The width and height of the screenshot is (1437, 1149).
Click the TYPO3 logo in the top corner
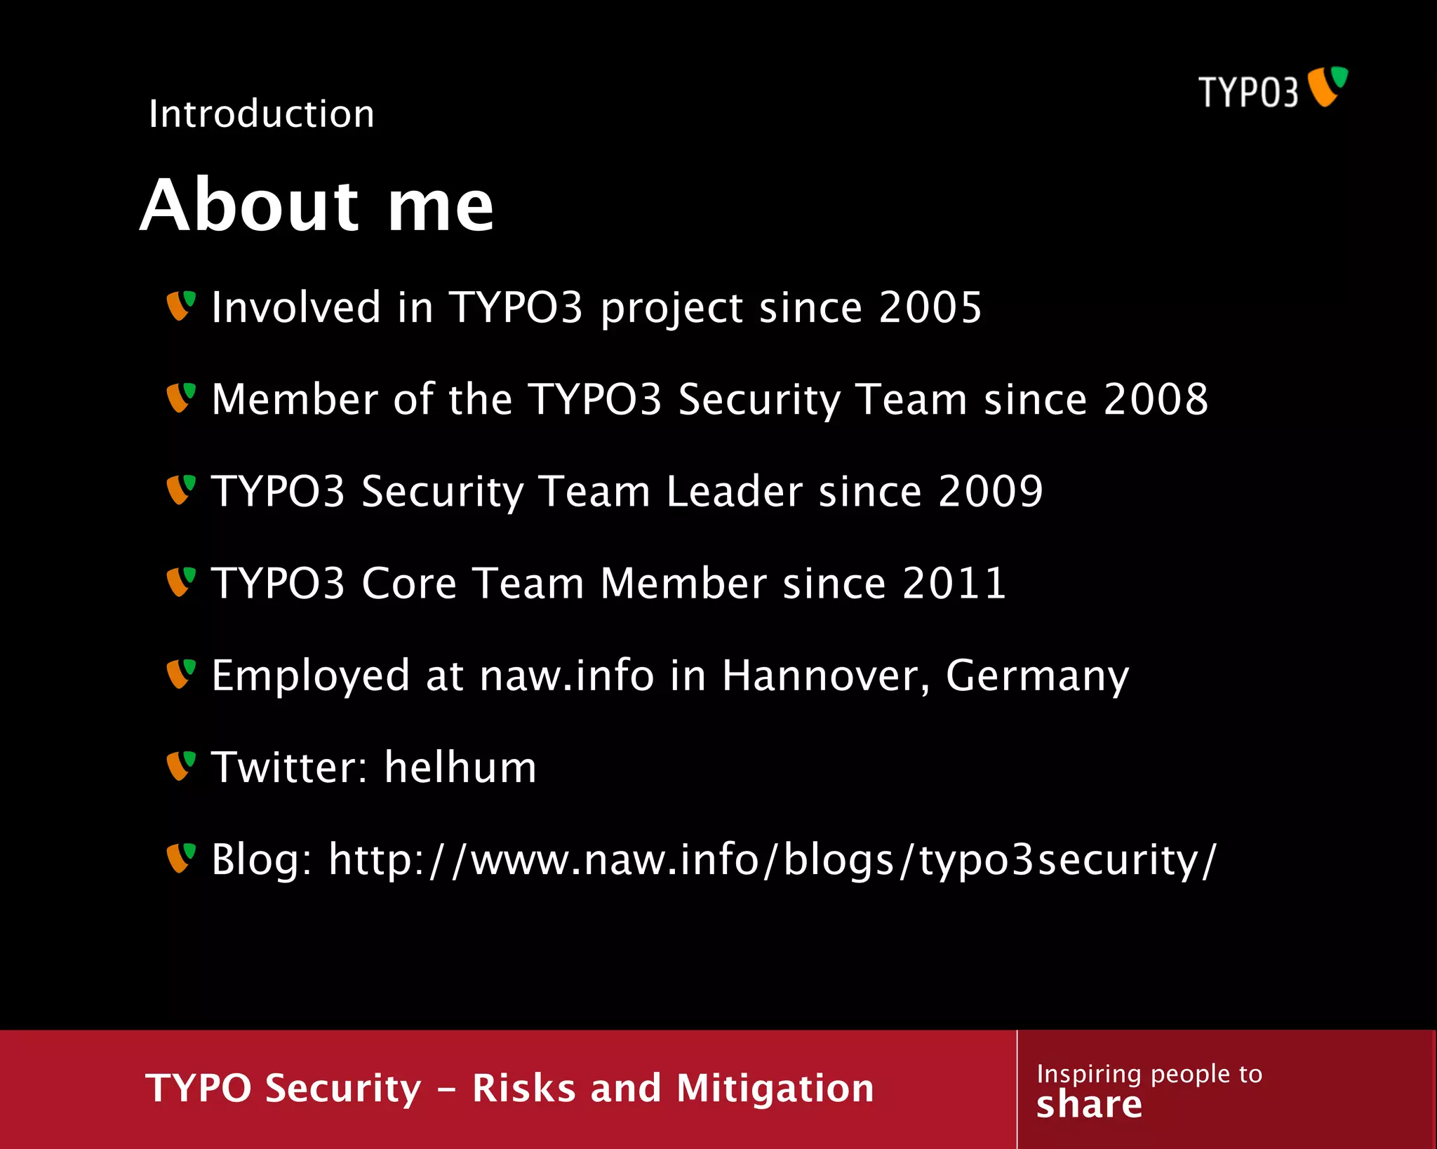(1273, 89)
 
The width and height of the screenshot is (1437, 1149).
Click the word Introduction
(262, 114)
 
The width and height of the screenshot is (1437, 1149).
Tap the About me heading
(317, 205)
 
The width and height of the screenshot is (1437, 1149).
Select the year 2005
(930, 307)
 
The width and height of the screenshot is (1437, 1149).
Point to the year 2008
(1156, 399)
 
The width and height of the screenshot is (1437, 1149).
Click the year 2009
(991, 491)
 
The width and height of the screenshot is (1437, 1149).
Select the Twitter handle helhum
(460, 767)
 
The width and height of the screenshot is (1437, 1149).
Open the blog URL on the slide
(773, 859)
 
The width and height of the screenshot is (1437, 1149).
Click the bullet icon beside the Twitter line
(180, 766)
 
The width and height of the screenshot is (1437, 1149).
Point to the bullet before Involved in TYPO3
(180, 307)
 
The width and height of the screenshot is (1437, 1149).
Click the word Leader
(734, 491)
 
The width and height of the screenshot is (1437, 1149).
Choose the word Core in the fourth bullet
(408, 583)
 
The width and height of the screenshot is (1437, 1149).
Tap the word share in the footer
(1089, 1105)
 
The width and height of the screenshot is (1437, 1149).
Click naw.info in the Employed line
(567, 676)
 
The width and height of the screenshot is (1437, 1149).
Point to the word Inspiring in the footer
(1089, 1074)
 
